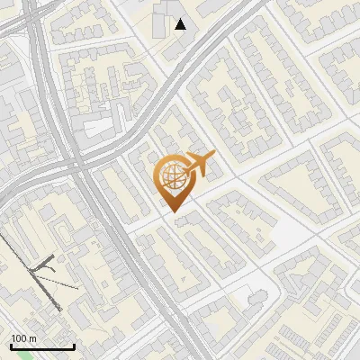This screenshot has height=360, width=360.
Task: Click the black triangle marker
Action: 181,24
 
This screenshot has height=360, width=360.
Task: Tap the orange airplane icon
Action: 198,165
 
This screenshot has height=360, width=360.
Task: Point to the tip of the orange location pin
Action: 172,211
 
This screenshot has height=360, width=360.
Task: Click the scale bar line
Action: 42,347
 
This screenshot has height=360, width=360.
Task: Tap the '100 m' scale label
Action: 23,338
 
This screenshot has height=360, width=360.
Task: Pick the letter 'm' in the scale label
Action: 34,338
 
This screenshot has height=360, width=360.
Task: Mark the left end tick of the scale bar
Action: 11,346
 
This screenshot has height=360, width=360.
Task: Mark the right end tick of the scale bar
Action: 74,346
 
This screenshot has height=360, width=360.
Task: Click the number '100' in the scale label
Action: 20,338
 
